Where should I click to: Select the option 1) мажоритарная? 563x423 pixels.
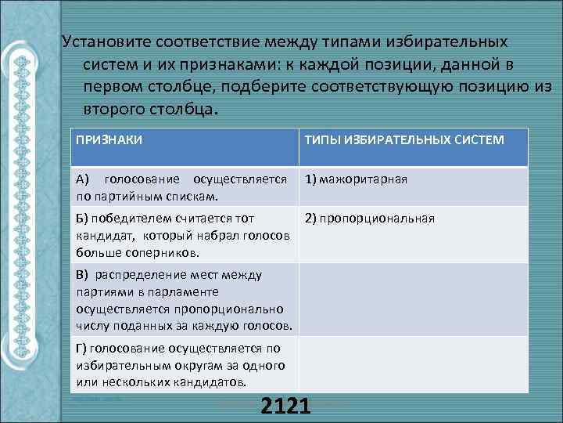pos(356,179)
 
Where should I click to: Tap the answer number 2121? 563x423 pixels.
pos(286,407)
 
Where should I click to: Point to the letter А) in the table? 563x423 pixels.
pos(84,179)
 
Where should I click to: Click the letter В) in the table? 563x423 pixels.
pos(83,275)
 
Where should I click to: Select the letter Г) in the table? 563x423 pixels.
pos(82,348)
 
